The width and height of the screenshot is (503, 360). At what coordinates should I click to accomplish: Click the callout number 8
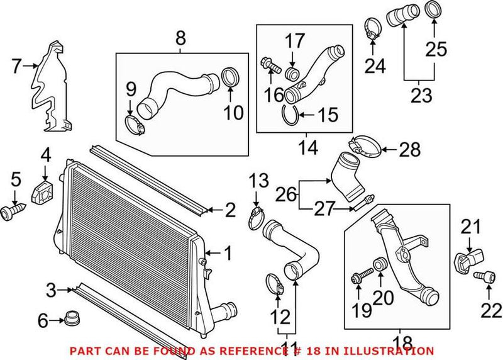(180, 38)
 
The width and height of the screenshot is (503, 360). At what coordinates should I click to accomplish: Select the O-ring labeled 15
(293, 115)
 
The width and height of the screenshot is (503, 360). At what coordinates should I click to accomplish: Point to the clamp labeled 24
(373, 28)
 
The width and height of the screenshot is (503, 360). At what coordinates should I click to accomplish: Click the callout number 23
(422, 96)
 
